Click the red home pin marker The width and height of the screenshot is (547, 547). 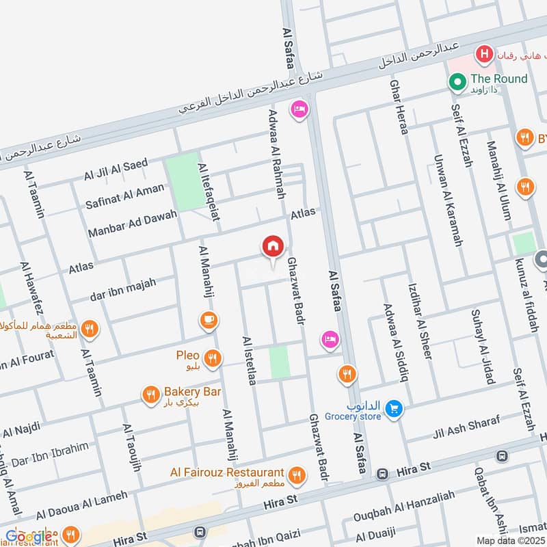272,247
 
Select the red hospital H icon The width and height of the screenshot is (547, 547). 485,53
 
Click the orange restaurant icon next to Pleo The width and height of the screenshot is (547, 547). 213,357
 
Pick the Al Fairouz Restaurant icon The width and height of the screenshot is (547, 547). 297,475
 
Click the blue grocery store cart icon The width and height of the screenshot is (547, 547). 393,409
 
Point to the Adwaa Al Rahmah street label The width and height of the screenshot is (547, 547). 276,154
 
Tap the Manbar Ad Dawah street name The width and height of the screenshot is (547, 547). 132,225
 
